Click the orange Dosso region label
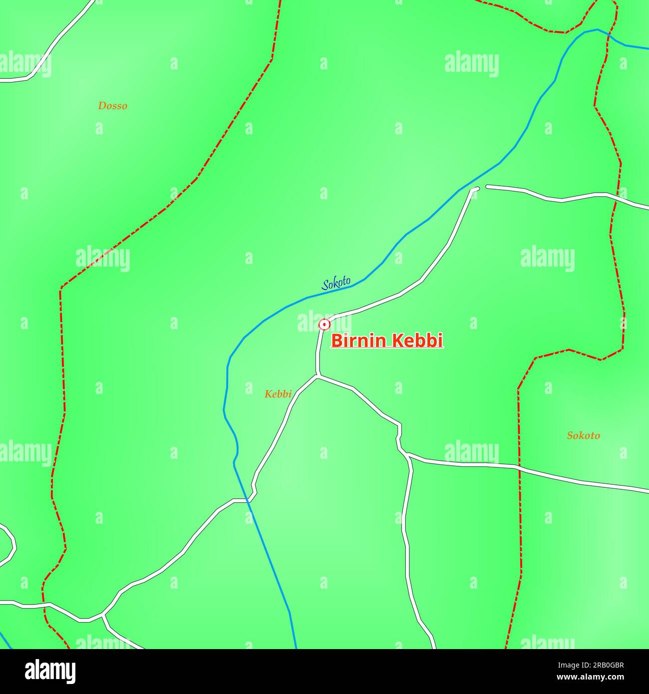(112, 105)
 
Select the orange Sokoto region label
(583, 435)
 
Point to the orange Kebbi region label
(278, 394)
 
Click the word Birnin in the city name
(358, 341)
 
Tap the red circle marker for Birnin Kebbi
(324, 325)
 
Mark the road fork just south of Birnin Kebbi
(318, 376)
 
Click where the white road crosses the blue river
(247, 499)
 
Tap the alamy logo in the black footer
(50, 671)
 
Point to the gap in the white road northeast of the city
(482, 187)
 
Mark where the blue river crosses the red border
(609, 34)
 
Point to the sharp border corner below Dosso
(61, 289)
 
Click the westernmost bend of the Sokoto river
(224, 409)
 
